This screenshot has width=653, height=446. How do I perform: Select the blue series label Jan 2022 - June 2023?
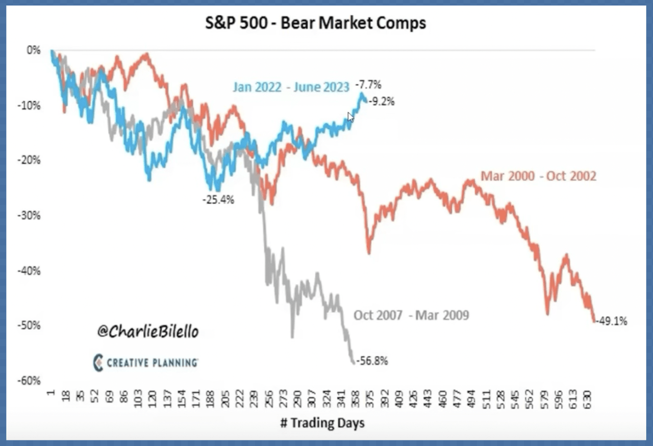coord(291,87)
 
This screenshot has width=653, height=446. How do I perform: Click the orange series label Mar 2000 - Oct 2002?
coord(538,176)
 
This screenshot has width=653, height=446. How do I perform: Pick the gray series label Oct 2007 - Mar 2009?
coord(411,316)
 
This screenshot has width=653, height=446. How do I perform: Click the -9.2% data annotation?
coord(381,101)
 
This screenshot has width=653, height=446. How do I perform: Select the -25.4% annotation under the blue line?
coord(218,200)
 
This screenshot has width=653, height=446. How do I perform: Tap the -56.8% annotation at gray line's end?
coord(372,361)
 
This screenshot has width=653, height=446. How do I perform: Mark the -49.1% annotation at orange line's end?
coord(612,321)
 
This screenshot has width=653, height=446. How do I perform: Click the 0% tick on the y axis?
coord(34,50)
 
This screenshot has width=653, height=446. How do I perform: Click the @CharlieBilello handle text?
coord(147,332)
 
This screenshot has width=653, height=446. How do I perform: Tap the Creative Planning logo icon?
coord(98,362)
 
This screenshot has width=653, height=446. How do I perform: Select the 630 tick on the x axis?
coord(589,398)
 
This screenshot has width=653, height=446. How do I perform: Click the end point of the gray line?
coord(353,362)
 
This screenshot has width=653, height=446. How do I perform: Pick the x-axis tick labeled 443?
coord(428,398)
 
